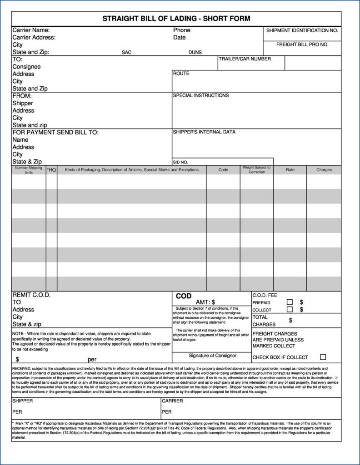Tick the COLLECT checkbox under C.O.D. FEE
tap(289, 310)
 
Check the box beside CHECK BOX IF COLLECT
tap(323, 357)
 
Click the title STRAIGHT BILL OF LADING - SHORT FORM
tap(176, 19)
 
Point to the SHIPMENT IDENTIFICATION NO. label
tap(302, 30)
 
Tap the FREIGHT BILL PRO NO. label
tap(302, 45)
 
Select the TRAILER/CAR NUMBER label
tap(245, 59)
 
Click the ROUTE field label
tap(181, 74)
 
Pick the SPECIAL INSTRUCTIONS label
tap(200, 96)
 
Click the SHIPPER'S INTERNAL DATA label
tap(204, 132)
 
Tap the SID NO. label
tap(180, 162)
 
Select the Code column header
tap(223, 170)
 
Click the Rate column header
tap(290, 170)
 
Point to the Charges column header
tap(324, 170)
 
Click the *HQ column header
tap(51, 170)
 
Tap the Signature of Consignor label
tap(212, 356)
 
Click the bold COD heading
tap(184, 296)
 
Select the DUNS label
tap(195, 52)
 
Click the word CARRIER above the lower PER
tap(172, 401)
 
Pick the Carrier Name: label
tap(31, 30)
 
